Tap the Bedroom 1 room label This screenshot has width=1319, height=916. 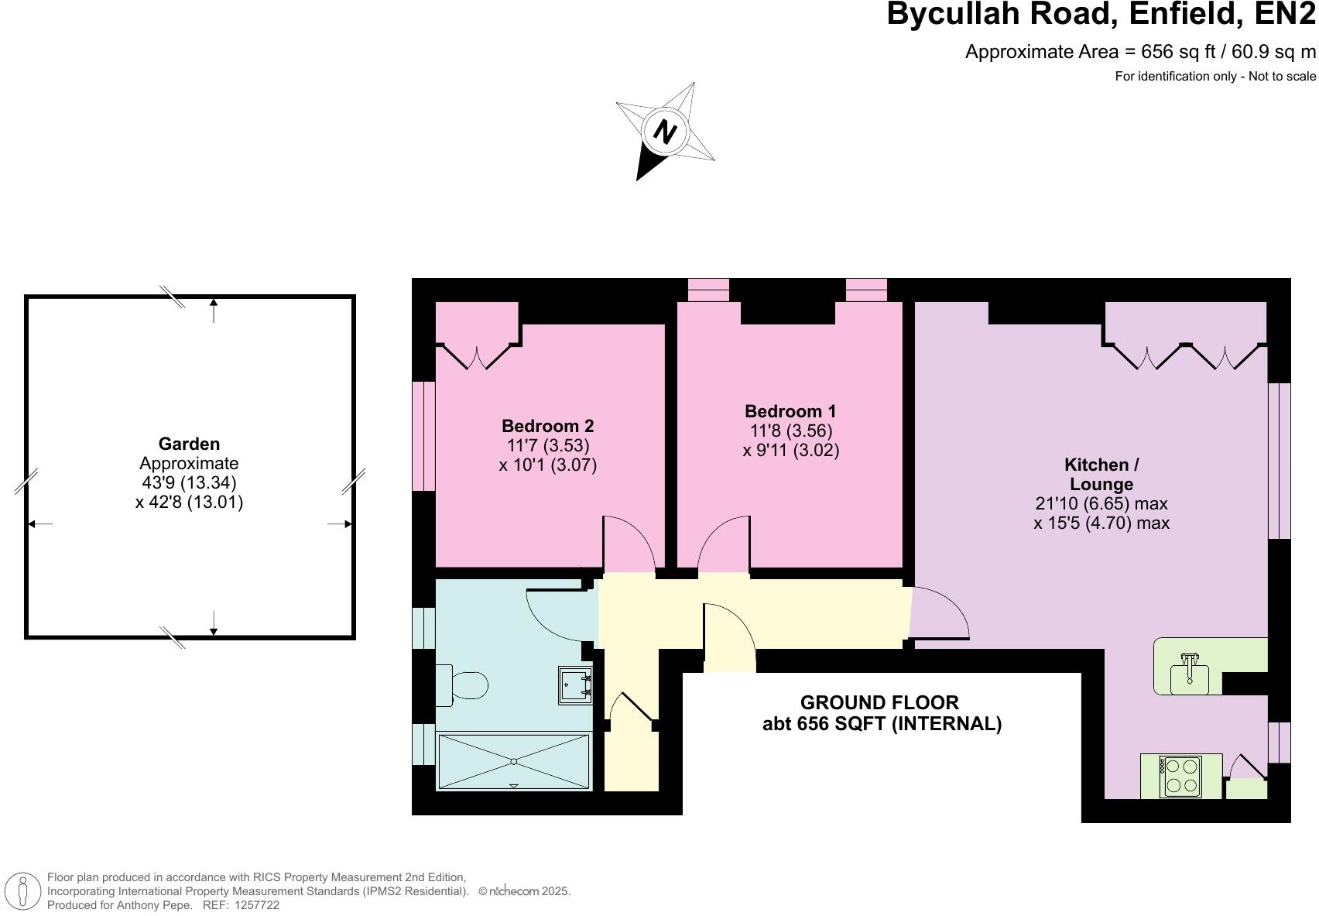point(790,411)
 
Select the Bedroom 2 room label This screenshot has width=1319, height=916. point(547,426)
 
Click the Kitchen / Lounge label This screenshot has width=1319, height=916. point(1101,474)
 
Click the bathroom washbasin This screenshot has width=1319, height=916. point(575,685)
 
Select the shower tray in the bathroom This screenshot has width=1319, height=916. point(514,762)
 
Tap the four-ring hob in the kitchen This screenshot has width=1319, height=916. point(1180,776)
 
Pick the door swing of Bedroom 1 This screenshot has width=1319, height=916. point(724,546)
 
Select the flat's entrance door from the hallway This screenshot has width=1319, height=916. point(729,639)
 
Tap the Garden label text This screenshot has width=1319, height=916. point(189,444)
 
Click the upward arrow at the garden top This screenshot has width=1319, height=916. point(214,310)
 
